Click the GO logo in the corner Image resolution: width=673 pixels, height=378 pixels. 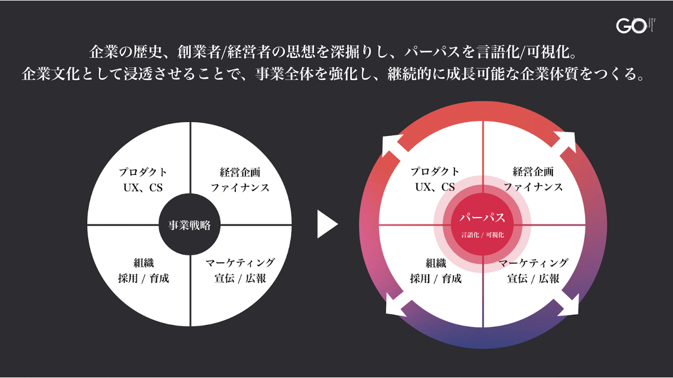pos(631,26)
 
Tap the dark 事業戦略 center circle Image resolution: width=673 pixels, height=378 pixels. pos(189,225)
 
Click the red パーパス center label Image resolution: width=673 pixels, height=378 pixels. pos(482,218)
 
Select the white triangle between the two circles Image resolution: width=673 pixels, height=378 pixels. pos(326,225)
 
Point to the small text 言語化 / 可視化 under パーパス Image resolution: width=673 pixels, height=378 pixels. pos(482,235)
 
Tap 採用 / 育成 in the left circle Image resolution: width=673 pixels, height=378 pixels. pos(143,278)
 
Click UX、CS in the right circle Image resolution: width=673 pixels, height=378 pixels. pos(435,187)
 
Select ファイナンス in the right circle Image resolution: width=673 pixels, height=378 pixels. pos(533,187)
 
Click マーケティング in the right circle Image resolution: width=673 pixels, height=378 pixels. pos(533,263)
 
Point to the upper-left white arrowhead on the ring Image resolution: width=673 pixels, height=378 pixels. pos(391,144)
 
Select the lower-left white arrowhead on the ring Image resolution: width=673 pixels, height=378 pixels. pos(396,307)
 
